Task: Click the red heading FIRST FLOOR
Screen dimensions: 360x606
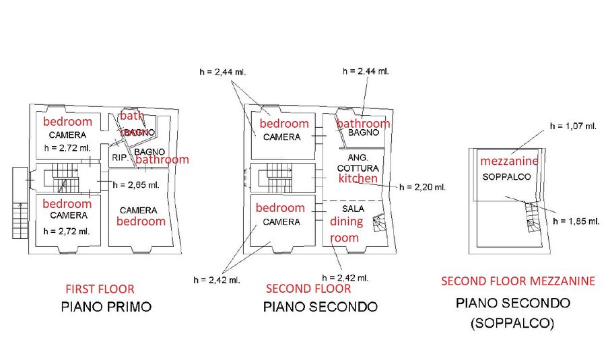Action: click(100, 289)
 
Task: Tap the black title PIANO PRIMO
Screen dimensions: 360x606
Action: click(106, 308)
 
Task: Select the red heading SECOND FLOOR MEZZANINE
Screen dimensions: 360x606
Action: click(518, 281)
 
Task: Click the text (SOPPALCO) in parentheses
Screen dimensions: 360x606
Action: click(512, 324)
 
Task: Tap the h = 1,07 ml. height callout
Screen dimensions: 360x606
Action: click(573, 126)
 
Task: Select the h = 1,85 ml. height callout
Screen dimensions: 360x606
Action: click(574, 221)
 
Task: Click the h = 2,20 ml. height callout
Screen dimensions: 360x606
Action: click(422, 187)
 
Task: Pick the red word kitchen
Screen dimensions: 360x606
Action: click(358, 178)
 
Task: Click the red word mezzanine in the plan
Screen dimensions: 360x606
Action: click(509, 161)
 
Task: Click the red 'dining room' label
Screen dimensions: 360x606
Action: click(346, 229)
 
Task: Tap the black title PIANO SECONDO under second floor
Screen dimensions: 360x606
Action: click(320, 308)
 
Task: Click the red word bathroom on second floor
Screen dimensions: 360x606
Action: click(363, 124)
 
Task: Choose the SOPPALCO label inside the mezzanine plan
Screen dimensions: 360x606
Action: click(507, 177)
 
